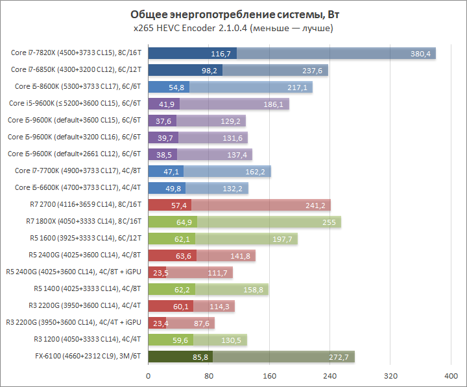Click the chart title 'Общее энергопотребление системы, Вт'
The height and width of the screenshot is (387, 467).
(233, 15)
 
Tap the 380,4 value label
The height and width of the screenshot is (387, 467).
(420, 54)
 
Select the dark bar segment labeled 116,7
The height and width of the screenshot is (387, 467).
(193, 53)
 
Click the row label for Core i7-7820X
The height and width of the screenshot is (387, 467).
(77, 53)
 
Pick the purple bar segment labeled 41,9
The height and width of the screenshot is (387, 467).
(164, 104)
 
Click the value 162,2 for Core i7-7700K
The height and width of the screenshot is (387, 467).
(255, 171)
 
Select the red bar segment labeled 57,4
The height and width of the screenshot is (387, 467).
(170, 205)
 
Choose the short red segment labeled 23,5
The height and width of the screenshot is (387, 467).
(158, 272)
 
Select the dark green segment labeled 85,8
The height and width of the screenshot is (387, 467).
(181, 357)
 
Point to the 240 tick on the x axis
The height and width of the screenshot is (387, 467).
(330, 375)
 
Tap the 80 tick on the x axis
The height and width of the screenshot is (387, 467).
(209, 375)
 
